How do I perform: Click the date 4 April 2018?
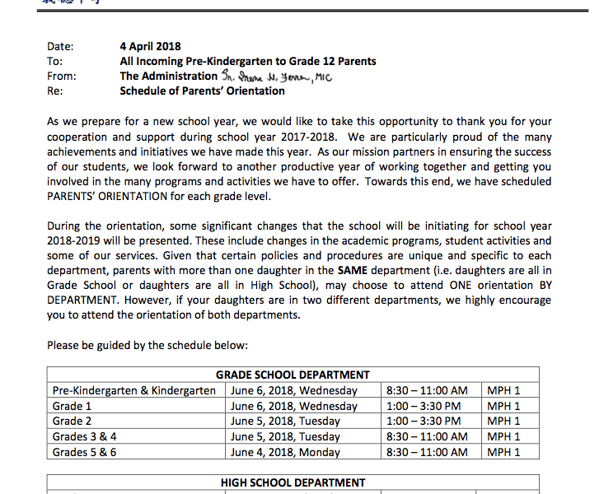tap(150, 46)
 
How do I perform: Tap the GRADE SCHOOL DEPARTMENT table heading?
tap(293, 375)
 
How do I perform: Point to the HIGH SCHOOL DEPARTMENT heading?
tap(293, 482)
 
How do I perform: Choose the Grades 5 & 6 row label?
tap(84, 452)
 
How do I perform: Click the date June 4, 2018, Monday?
tap(285, 452)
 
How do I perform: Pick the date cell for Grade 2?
tap(285, 421)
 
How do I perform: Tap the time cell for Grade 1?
tap(423, 406)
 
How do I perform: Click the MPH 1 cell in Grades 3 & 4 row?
tap(503, 436)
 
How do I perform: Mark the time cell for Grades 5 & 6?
tap(426, 452)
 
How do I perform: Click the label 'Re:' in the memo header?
tap(55, 91)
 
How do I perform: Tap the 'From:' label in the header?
tap(61, 76)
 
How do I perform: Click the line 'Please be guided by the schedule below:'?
tap(147, 344)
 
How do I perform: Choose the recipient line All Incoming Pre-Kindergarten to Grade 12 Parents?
tap(247, 61)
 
